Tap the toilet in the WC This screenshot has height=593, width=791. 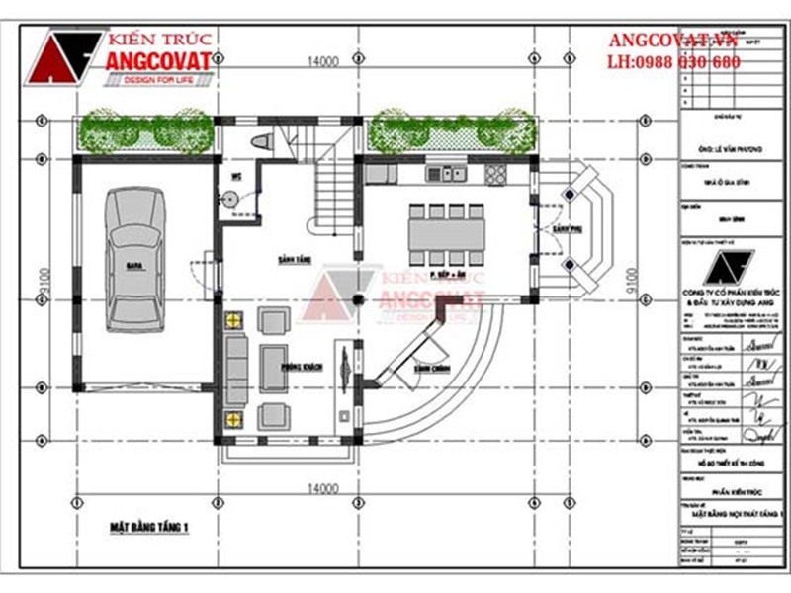click(260, 142)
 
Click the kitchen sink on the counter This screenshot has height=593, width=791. click(446, 174)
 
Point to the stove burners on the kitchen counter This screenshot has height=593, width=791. click(495, 174)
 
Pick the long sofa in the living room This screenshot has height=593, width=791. click(235, 371)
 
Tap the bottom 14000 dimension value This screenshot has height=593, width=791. click(322, 488)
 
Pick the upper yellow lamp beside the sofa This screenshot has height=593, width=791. click(234, 320)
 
